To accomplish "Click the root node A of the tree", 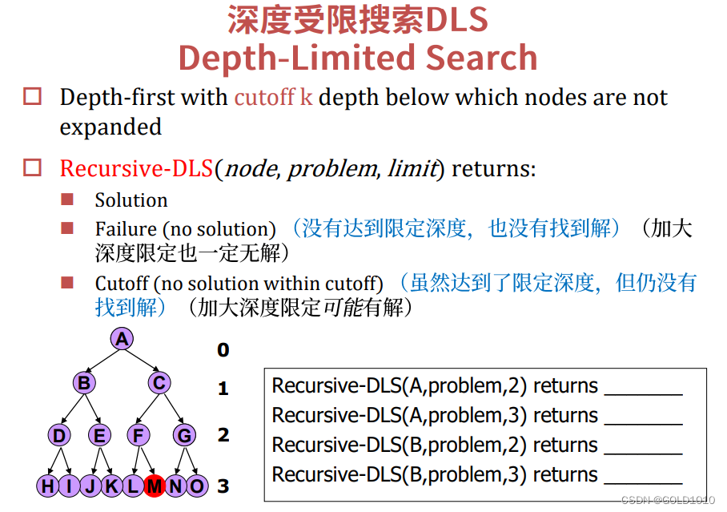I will click(x=121, y=339).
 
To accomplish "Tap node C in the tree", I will click(x=159, y=383).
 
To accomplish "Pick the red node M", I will click(x=155, y=486).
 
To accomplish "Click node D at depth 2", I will click(x=58, y=435).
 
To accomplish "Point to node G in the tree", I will click(x=184, y=435).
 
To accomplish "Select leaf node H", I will click(x=48, y=486).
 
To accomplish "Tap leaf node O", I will click(x=196, y=486).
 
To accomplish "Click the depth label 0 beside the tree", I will click(x=223, y=350).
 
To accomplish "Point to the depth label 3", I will click(x=223, y=486).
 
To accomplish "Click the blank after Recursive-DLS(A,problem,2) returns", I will click(x=643, y=386).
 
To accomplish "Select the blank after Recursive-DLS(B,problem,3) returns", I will click(x=643, y=475).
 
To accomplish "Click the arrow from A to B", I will click(x=102, y=361).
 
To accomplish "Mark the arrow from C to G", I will click(x=172, y=409).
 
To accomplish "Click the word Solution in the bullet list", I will click(x=131, y=200).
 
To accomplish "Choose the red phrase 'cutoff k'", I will click(x=273, y=98).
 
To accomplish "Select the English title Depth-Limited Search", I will click(x=357, y=58).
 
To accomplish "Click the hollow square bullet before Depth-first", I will click(x=32, y=98).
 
